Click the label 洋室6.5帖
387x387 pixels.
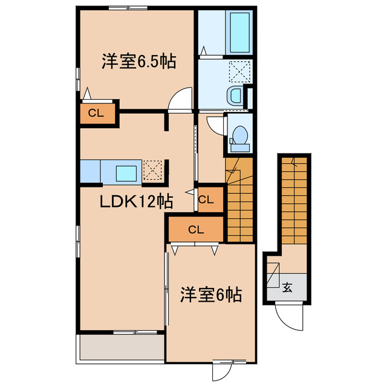click(x=138, y=62)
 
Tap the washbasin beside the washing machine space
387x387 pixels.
click(x=235, y=96)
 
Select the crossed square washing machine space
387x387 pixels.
click(x=241, y=73)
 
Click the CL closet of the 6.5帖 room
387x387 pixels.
click(x=96, y=112)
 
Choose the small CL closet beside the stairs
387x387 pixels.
click(x=205, y=199)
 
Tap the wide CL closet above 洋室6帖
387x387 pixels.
click(x=195, y=229)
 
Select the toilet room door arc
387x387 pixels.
click(x=215, y=124)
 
